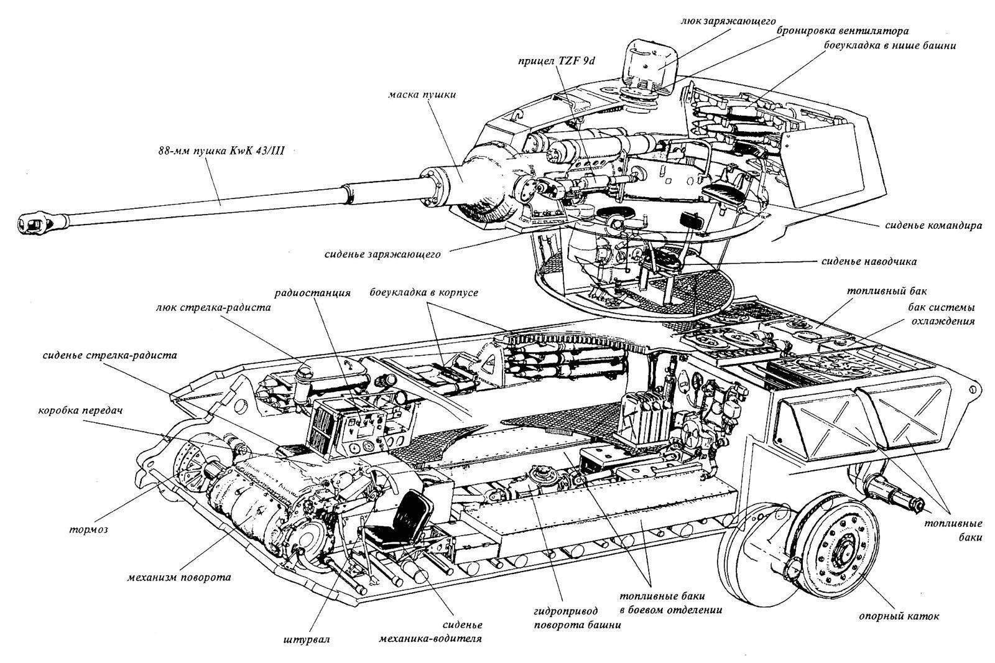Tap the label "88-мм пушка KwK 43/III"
pyautogui.click(x=221, y=151)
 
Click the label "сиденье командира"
pyautogui.click(x=933, y=225)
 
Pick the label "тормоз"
pyautogui.click(x=89, y=530)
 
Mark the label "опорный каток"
pyautogui.click(x=899, y=616)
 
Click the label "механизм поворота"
pyautogui.click(x=178, y=577)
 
